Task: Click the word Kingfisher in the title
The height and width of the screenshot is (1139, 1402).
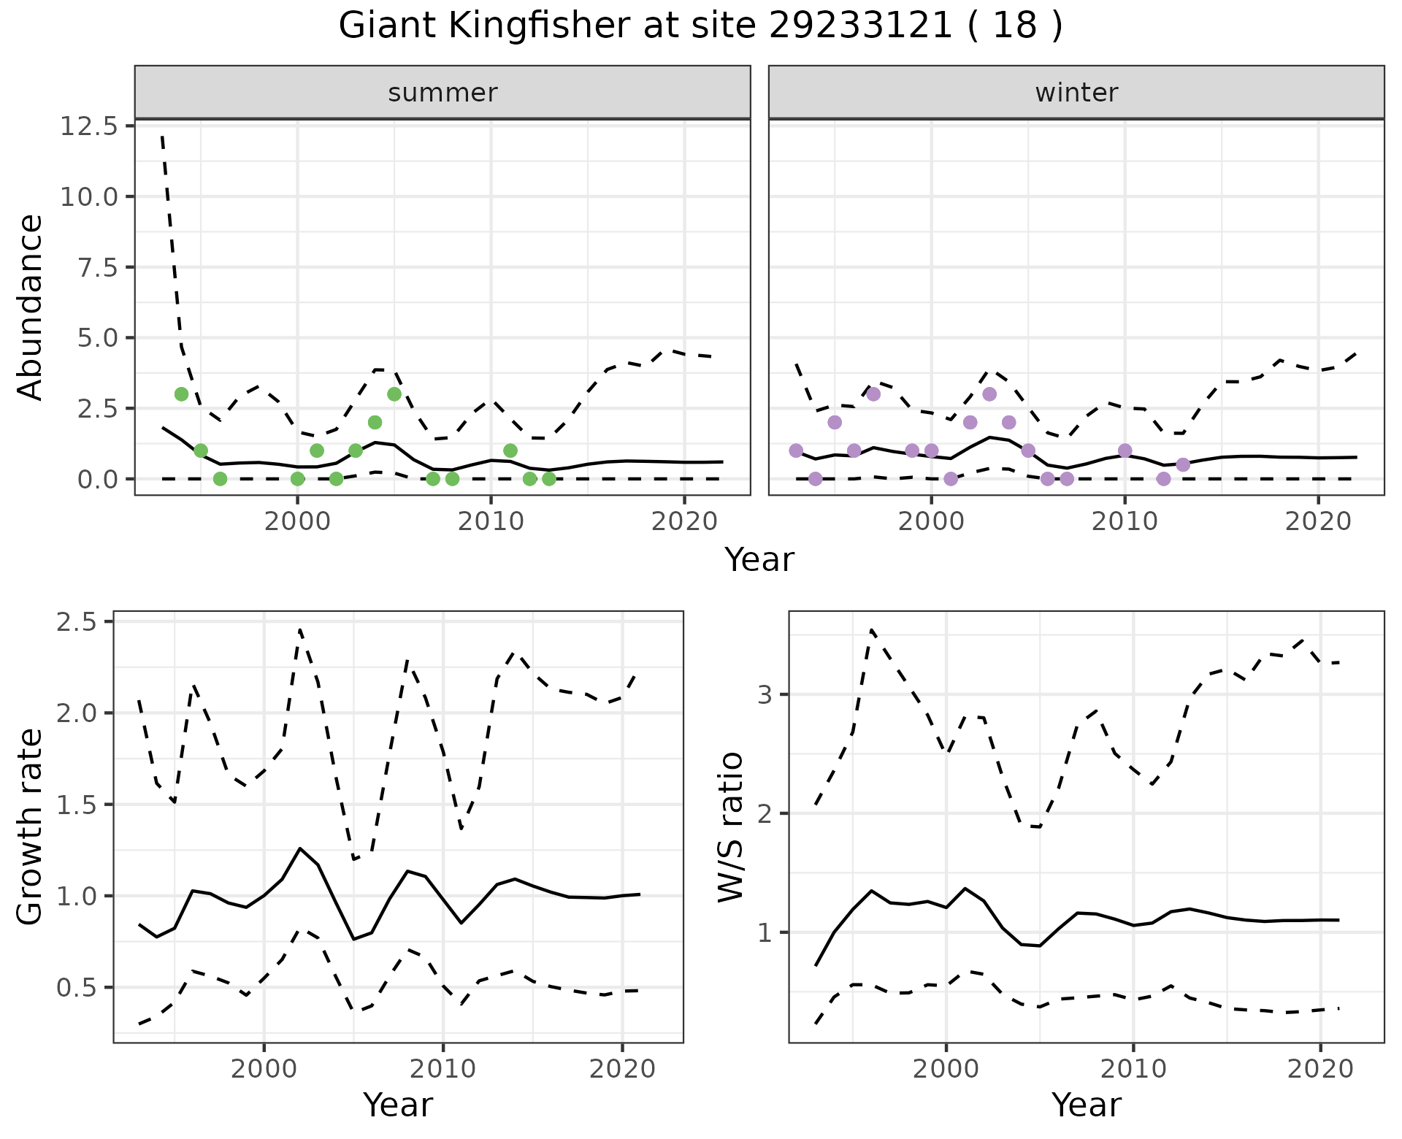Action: click(x=537, y=26)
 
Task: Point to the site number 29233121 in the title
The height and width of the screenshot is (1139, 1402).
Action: click(x=861, y=26)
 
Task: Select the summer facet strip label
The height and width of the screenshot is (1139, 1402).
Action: click(x=443, y=93)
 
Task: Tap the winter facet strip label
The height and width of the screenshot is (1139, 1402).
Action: click(x=1076, y=93)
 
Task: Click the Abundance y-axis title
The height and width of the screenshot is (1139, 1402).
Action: click(x=31, y=307)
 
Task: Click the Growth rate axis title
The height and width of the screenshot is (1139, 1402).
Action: click(x=31, y=827)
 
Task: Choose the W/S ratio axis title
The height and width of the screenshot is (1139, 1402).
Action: click(x=730, y=827)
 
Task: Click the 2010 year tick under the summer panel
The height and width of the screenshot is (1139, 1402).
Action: click(x=491, y=522)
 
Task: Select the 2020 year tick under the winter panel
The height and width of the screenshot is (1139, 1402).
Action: click(x=1318, y=522)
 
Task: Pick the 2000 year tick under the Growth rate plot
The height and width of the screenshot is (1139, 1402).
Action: click(x=264, y=1069)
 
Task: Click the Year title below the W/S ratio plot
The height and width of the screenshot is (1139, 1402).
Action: click(x=1086, y=1105)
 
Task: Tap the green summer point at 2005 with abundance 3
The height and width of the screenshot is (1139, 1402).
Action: click(x=394, y=394)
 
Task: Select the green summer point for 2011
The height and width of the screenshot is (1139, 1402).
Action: click(x=510, y=450)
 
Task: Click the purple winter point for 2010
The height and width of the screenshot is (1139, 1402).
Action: click(x=1125, y=450)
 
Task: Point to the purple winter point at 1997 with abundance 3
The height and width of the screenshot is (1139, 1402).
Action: click(x=873, y=394)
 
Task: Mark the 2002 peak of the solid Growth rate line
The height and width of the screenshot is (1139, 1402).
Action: click(x=299, y=848)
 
